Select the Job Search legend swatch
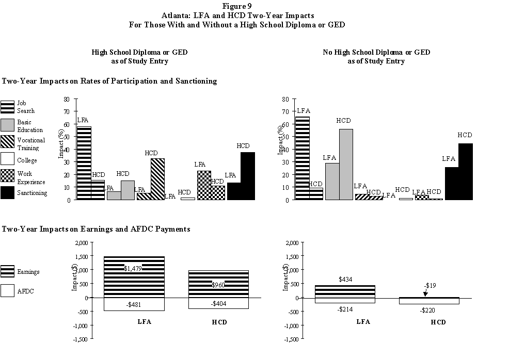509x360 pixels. point(7,107)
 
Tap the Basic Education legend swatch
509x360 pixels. point(7,125)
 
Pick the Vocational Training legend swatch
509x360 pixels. point(7,143)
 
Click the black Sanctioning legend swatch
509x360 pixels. point(7,192)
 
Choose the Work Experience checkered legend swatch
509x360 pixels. point(7,177)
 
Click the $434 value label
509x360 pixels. point(346,279)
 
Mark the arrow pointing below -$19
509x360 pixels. point(425,292)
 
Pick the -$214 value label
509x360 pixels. point(346,309)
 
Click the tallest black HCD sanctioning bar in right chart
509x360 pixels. point(465,172)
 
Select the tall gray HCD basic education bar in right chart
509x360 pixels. point(346,165)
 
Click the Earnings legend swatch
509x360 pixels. point(7,272)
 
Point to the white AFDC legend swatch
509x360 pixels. point(7,291)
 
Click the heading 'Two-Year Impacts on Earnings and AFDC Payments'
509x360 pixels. point(96,229)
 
